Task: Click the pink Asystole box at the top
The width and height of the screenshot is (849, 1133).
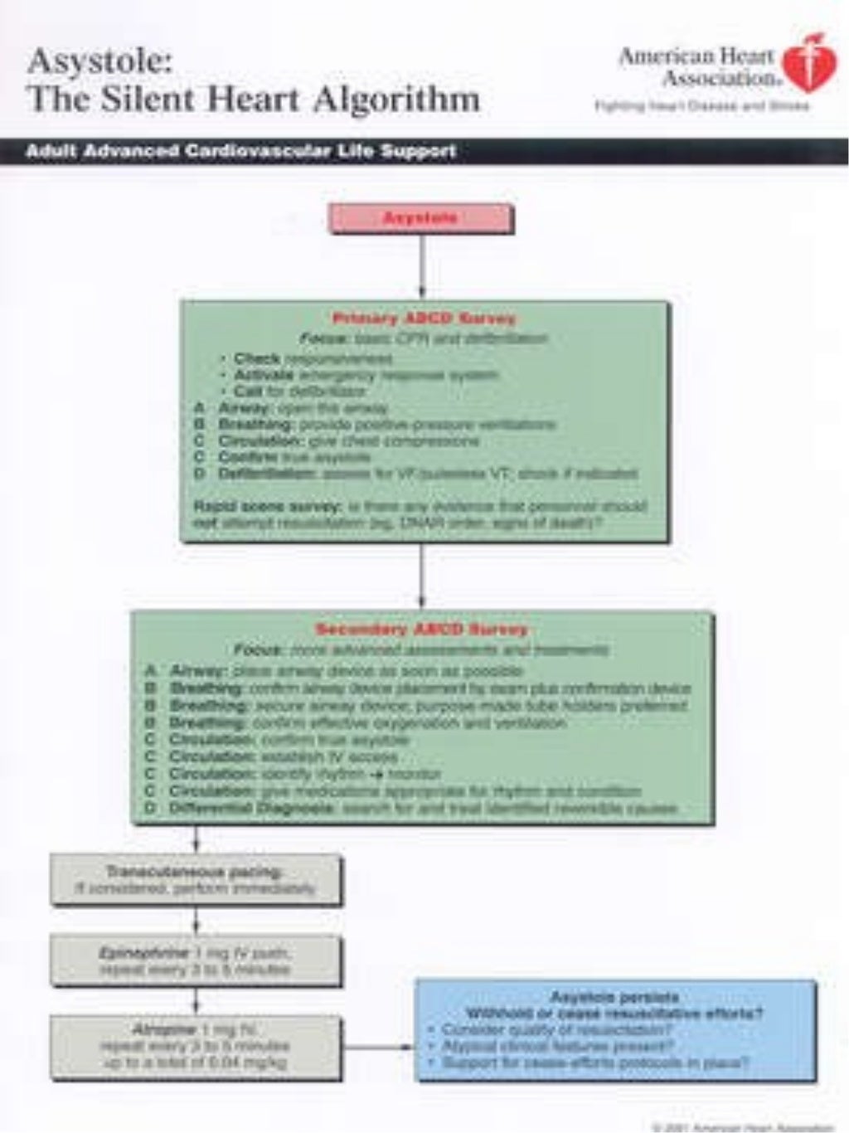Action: (x=421, y=219)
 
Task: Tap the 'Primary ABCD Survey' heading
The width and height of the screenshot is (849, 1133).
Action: (x=424, y=319)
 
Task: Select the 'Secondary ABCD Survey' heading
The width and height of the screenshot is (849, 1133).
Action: (x=421, y=630)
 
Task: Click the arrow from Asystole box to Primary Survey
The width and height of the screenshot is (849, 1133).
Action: (x=422, y=265)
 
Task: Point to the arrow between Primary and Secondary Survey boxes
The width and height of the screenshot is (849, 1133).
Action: (x=422, y=576)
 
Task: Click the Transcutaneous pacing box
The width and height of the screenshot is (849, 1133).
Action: (x=196, y=880)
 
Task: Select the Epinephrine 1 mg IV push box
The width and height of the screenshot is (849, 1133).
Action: (x=196, y=961)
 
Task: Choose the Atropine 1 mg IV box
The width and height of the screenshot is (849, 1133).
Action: (x=196, y=1048)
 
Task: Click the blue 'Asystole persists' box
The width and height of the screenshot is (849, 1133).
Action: (x=615, y=1030)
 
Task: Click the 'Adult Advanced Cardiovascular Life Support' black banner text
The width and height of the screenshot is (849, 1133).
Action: (x=240, y=152)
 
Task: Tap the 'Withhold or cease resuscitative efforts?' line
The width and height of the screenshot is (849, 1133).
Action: (x=614, y=1014)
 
